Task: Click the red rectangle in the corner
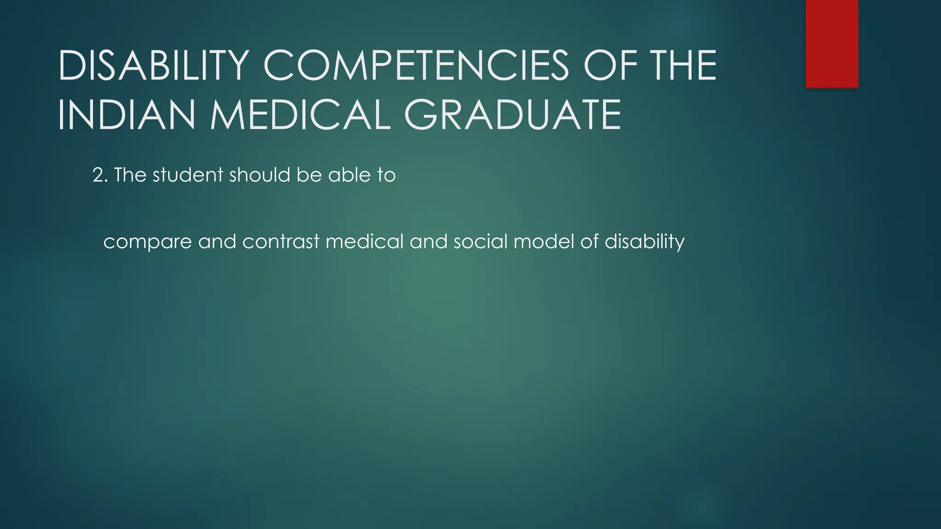tap(832, 44)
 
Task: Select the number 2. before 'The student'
tap(100, 175)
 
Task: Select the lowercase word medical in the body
tap(364, 242)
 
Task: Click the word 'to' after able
tap(387, 175)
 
